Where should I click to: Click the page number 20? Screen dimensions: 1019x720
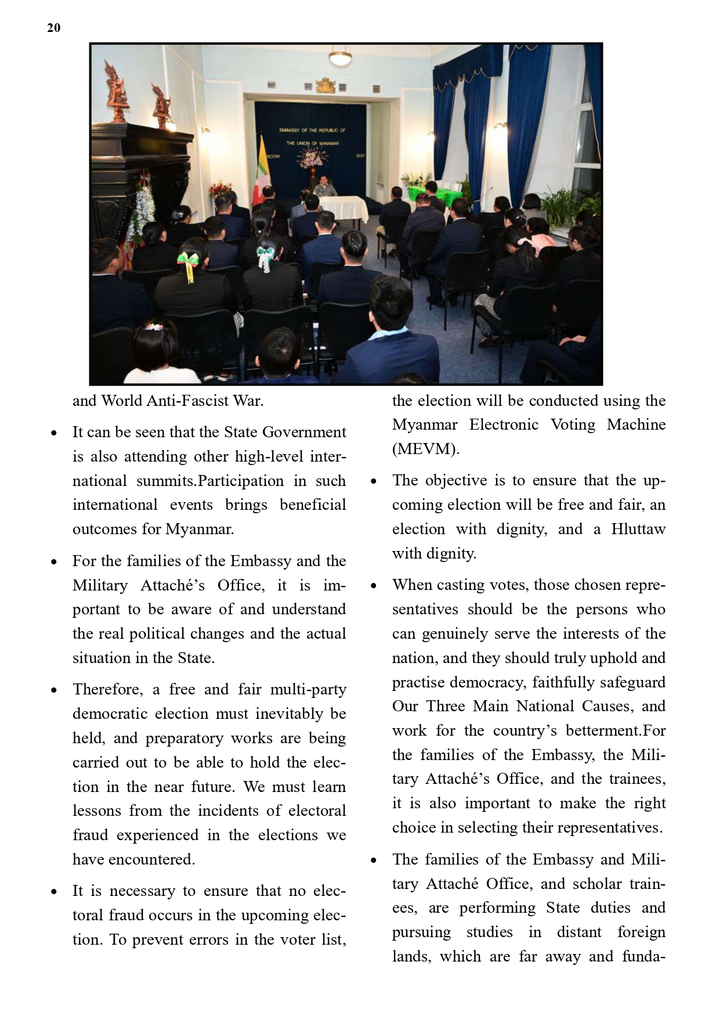point(53,28)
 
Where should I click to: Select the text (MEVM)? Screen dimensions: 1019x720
point(425,449)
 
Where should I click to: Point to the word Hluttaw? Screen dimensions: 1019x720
point(638,529)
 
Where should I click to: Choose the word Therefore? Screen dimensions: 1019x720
point(107,689)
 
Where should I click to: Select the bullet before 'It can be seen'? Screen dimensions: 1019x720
point(54,433)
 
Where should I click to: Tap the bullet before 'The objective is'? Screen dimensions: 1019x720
point(374,481)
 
